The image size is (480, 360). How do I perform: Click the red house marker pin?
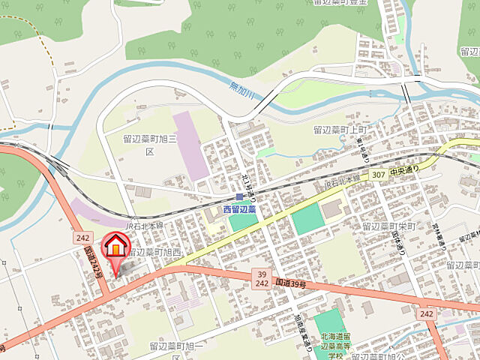click(x=115, y=248)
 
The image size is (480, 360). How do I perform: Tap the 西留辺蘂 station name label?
click(x=240, y=209)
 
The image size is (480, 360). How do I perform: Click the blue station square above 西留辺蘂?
click(x=239, y=197)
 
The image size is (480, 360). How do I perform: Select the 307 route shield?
click(x=379, y=175)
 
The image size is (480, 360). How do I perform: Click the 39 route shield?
click(x=261, y=274)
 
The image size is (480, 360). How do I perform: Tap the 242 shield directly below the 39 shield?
click(x=262, y=285)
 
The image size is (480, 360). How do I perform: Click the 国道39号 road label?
click(x=292, y=283)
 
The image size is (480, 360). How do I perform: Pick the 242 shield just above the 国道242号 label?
click(x=82, y=237)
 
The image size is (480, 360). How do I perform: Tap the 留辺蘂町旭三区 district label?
click(x=150, y=145)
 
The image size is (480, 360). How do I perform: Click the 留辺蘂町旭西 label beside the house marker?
click(x=155, y=253)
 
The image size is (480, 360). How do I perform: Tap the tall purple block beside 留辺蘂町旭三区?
click(x=191, y=145)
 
